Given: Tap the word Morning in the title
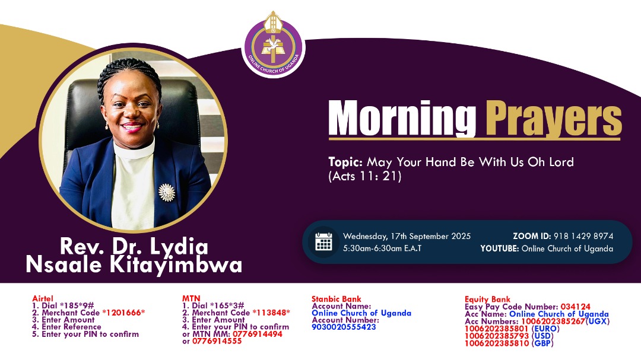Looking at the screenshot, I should click(x=402, y=119).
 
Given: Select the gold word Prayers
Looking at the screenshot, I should click(x=553, y=119).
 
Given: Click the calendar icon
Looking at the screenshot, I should click(x=323, y=242).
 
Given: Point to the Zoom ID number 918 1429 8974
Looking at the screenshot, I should click(x=583, y=236).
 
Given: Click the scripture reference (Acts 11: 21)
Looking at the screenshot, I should click(x=365, y=176).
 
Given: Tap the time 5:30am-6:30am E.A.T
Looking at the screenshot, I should click(x=382, y=249).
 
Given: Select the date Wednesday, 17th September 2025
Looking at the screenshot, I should click(x=407, y=236).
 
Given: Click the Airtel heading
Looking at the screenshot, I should click(x=43, y=299).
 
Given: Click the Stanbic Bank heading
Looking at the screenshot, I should click(x=336, y=299).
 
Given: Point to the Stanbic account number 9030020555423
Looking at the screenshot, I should click(x=344, y=327).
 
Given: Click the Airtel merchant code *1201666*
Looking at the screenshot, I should click(x=123, y=313).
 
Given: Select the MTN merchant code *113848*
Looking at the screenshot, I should click(x=271, y=313).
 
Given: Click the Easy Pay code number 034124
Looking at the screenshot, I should click(x=575, y=307).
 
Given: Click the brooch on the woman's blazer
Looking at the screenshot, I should click(x=167, y=192).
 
